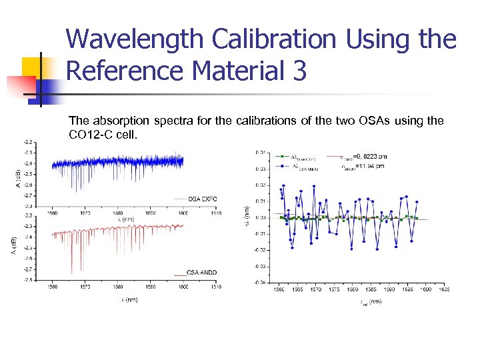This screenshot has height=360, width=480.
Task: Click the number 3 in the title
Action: tap(299, 70)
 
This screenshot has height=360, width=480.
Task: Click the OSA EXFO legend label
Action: tap(202, 199)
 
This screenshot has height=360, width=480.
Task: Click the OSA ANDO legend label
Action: tap(202, 273)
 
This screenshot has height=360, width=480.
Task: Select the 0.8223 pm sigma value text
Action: tap(369, 156)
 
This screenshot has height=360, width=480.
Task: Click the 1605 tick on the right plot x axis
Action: tap(443, 289)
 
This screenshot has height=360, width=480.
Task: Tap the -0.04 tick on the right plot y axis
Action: tap(261, 282)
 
